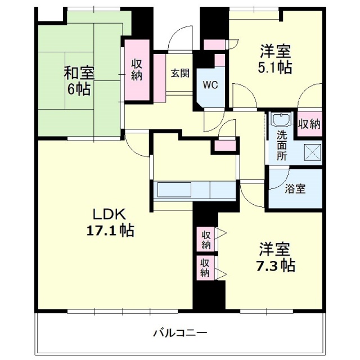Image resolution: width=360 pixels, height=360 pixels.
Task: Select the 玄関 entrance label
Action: tap(180, 73)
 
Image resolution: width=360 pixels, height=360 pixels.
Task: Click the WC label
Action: tap(210, 85)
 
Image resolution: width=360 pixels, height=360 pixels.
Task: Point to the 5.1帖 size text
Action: tap(275, 68)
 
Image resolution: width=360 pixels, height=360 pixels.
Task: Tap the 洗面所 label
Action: tap(281, 145)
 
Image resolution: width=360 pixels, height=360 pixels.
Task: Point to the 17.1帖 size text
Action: tap(110, 230)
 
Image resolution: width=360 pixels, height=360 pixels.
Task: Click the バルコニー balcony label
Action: tap(180, 332)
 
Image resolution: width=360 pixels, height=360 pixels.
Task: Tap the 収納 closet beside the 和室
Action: tap(137, 70)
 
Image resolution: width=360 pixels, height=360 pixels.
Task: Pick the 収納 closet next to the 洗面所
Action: tap(309, 124)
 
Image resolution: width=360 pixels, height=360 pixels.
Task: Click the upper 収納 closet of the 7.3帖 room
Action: tap(205, 238)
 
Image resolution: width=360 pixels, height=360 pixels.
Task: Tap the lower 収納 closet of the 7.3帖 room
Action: tap(205, 268)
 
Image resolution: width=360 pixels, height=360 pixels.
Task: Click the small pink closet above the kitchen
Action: tap(224, 146)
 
